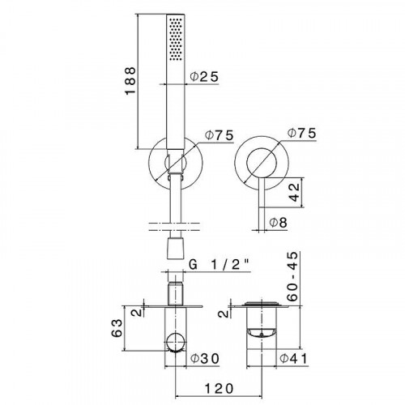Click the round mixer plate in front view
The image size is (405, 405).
tap(240, 160)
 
